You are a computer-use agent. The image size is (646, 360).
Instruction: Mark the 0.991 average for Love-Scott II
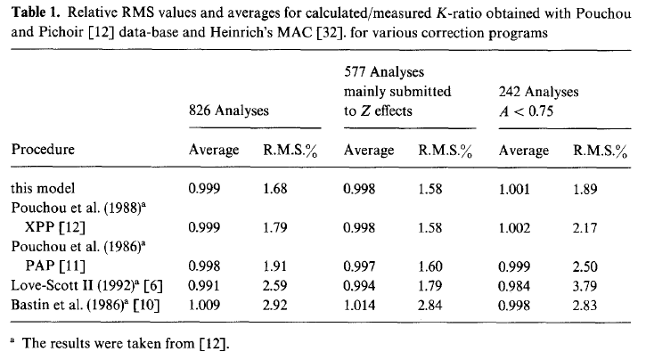click(208, 285)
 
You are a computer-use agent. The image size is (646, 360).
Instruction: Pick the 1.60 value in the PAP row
click(431, 266)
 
